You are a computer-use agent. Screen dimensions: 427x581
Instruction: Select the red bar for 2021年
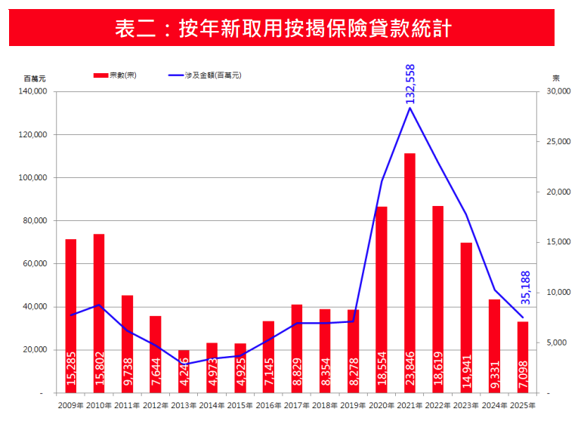[x=410, y=272]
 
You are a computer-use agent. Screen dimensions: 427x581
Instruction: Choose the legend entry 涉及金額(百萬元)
[x=204, y=75]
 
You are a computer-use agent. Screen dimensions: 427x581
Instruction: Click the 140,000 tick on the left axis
[x=32, y=92]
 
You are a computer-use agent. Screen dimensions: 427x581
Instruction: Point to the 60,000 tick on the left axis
[x=35, y=264]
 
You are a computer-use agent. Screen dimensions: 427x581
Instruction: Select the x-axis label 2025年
[x=523, y=405]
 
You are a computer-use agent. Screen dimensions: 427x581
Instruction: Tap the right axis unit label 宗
[x=555, y=78]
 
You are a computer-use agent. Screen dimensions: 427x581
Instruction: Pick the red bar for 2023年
[x=466, y=317]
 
